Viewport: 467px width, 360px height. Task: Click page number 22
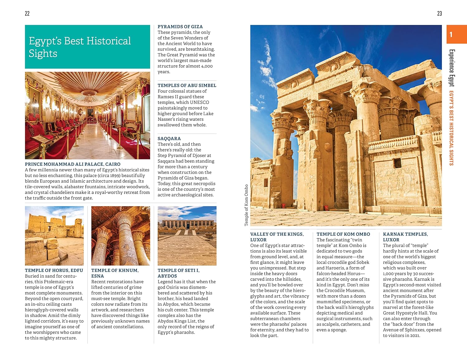(27, 13)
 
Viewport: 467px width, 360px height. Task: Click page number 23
(439, 13)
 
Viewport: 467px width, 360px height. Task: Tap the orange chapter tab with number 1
(456, 34)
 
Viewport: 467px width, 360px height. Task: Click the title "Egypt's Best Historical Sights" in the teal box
(80, 47)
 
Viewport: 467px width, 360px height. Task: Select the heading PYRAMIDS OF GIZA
(180, 27)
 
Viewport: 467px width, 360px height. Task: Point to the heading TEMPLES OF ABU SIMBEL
(187, 85)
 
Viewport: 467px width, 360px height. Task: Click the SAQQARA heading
(169, 138)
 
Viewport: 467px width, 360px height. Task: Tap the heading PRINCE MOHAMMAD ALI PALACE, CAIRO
(73, 164)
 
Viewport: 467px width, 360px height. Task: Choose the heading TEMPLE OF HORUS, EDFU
(54, 270)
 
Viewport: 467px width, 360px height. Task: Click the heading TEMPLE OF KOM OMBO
(343, 234)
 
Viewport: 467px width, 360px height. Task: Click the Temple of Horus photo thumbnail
(54, 236)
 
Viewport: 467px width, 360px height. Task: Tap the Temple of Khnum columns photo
(120, 236)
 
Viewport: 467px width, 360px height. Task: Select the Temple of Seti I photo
(187, 236)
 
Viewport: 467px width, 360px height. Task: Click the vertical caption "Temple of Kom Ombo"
(246, 205)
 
